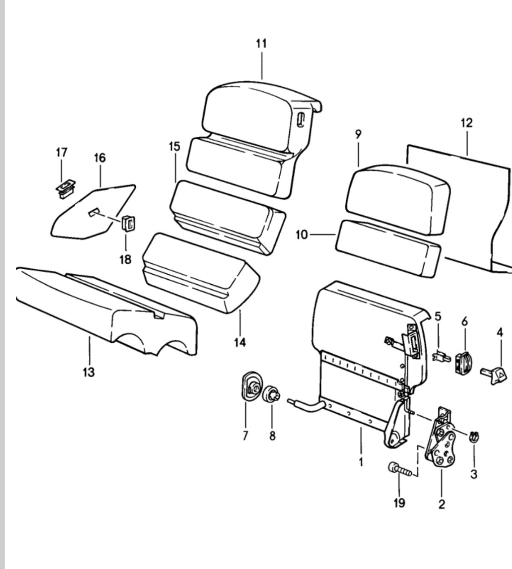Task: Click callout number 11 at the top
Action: click(261, 44)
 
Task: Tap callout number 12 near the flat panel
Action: click(466, 123)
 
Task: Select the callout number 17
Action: click(61, 152)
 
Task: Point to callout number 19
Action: click(399, 503)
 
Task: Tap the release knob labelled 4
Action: click(494, 375)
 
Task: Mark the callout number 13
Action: click(89, 372)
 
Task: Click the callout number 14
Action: click(240, 342)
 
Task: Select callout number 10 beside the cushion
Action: click(302, 235)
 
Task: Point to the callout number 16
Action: click(99, 158)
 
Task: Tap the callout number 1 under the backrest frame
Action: click(361, 462)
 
